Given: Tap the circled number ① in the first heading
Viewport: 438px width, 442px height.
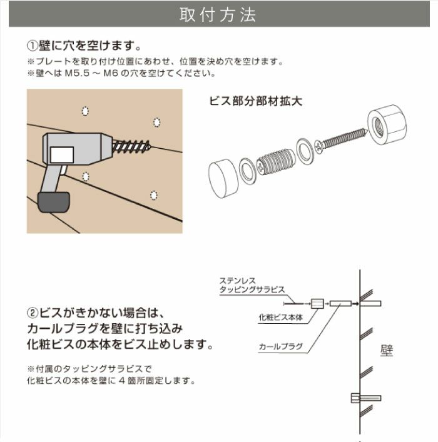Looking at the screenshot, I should tap(33, 46).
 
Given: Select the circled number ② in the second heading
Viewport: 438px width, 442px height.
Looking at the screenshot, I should tap(33, 312).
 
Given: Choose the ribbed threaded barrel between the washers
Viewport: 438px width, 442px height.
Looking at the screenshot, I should tap(275, 161).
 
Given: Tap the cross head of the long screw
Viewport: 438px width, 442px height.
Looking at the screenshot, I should tap(320, 146).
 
